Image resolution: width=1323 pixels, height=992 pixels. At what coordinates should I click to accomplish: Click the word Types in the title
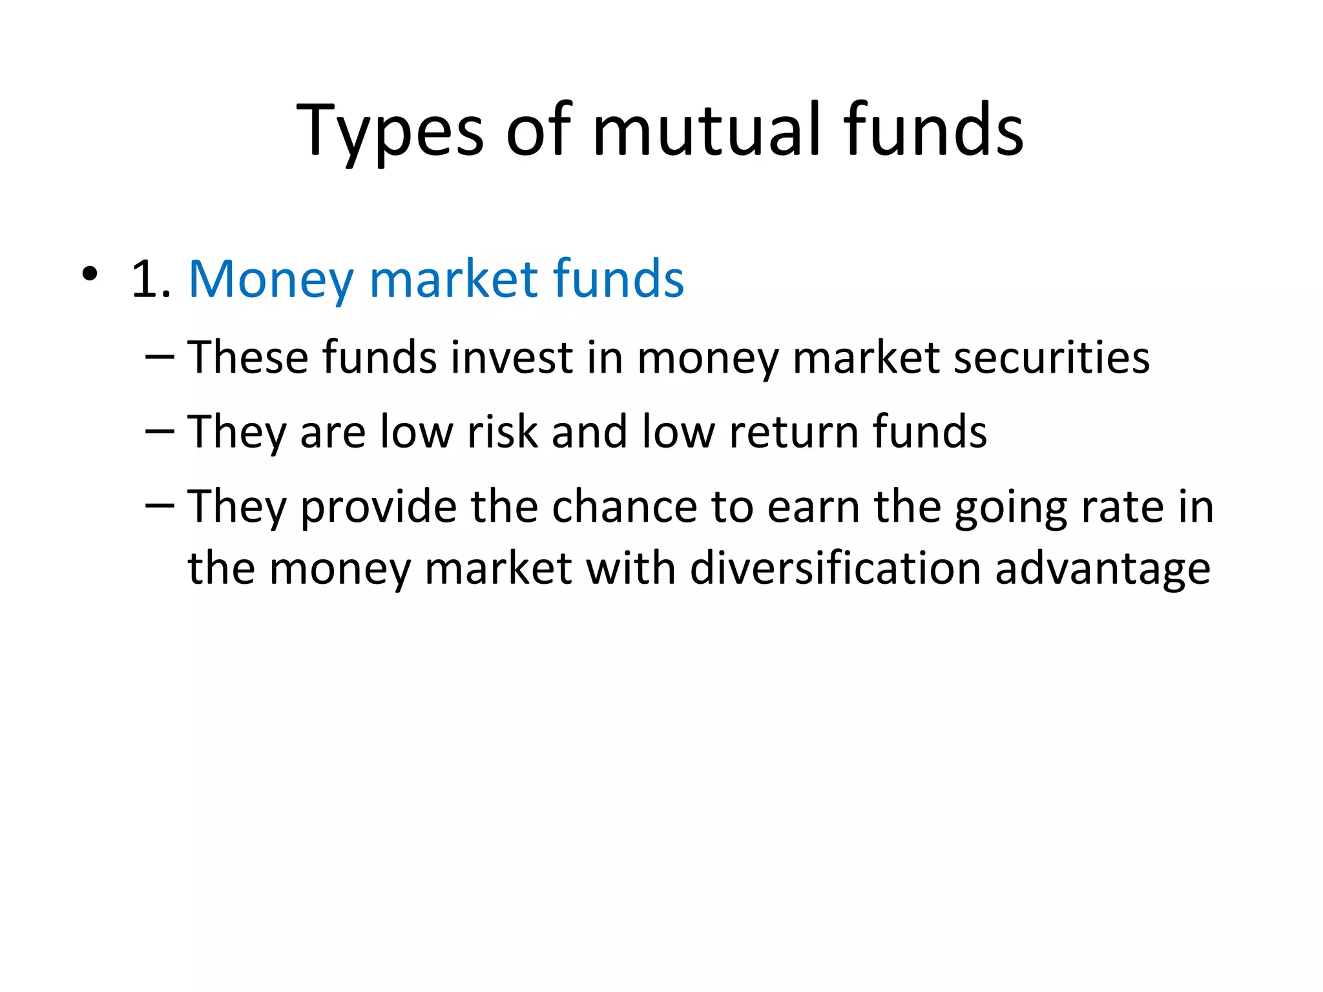pyautogui.click(x=390, y=132)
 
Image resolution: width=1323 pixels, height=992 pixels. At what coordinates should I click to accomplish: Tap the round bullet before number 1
pyautogui.click(x=90, y=274)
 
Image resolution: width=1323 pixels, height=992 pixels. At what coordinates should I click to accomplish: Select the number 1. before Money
pyautogui.click(x=151, y=280)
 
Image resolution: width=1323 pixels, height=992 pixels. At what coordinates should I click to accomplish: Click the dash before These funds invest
pyautogui.click(x=160, y=357)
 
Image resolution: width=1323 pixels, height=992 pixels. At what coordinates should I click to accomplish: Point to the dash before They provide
pyautogui.click(x=160, y=506)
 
